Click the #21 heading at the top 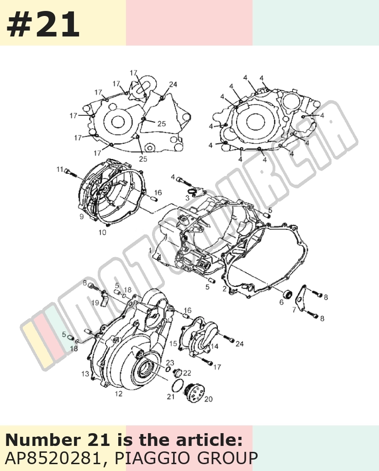click(x=43, y=24)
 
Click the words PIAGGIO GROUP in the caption click(x=186, y=458)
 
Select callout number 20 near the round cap click(x=208, y=399)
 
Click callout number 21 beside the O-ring click(x=171, y=397)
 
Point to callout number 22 click(x=187, y=373)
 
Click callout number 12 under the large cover click(x=119, y=393)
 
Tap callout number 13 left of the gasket click(x=85, y=374)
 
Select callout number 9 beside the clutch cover click(x=82, y=216)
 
